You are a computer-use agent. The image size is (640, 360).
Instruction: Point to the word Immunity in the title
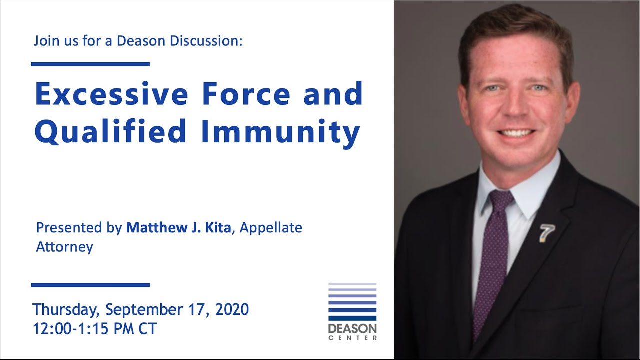click(x=281, y=132)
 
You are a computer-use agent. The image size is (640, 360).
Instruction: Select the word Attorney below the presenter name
click(x=64, y=247)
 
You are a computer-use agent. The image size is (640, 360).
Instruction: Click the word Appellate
click(x=271, y=228)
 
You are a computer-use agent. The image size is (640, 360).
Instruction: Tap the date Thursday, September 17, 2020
click(x=140, y=309)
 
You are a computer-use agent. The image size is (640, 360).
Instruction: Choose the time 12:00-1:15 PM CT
click(x=95, y=328)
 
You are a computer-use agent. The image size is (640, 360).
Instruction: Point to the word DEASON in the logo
click(x=352, y=329)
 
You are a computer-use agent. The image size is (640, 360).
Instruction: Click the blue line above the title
click(x=90, y=64)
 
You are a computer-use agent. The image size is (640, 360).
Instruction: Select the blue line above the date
click(x=90, y=285)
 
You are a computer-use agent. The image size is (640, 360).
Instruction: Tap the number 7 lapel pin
click(x=547, y=233)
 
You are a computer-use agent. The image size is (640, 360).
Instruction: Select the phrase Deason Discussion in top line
click(x=179, y=41)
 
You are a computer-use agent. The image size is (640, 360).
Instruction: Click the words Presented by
click(x=79, y=228)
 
